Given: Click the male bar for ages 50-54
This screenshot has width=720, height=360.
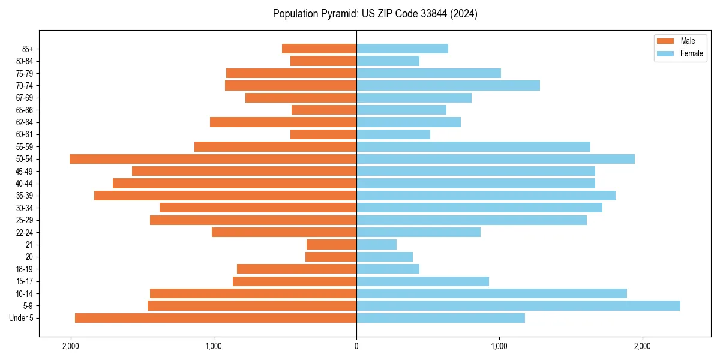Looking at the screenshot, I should click(213, 159).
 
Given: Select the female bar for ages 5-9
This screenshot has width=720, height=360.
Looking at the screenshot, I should click(518, 305).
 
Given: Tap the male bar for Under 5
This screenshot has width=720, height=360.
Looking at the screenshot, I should click(216, 318).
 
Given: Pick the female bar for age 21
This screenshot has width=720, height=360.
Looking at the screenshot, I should click(377, 244).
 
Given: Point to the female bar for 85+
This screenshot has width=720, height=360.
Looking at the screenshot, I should click(402, 49).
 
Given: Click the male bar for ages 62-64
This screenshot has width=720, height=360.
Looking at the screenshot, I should click(283, 122).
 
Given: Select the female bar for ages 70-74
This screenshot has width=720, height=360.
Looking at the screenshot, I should click(448, 85).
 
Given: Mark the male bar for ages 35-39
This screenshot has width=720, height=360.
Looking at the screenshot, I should click(226, 196).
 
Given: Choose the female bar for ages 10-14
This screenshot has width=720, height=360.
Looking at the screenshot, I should click(492, 293).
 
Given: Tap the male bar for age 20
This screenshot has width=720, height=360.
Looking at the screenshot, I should click(331, 257).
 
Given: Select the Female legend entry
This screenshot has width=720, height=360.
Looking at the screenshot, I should click(680, 53).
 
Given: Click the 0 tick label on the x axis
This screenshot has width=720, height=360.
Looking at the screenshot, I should click(356, 346).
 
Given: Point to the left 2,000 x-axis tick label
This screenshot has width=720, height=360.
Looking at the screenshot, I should click(71, 346).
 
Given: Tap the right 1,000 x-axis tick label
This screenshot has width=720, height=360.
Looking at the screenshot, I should click(499, 346).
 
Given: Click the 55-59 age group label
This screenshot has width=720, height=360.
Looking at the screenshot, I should click(24, 146).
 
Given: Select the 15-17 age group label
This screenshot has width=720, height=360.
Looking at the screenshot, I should click(24, 281).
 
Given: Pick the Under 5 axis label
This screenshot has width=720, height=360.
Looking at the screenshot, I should click(21, 318).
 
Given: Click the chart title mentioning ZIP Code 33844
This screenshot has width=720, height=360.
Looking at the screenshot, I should click(375, 14).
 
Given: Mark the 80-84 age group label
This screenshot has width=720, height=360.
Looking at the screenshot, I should click(24, 61).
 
